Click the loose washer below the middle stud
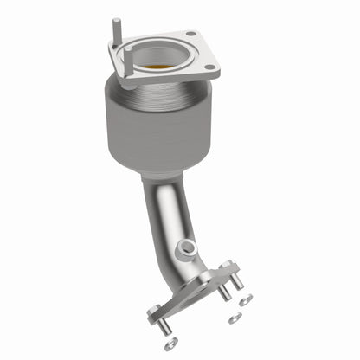coord(234,319)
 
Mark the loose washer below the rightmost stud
coord(247,300)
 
